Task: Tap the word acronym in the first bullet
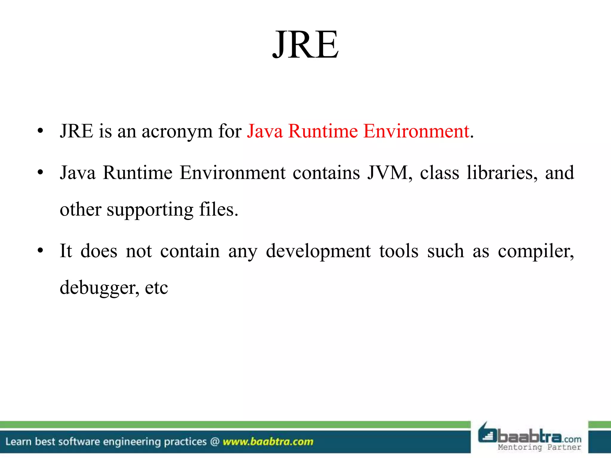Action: pyautogui.click(x=177, y=131)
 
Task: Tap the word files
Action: pyautogui.click(x=218, y=209)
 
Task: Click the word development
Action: pyautogui.click(x=318, y=251)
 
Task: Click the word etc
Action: pyautogui.click(x=156, y=288)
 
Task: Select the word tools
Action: pyautogui.click(x=399, y=251)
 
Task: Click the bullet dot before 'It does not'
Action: pyautogui.click(x=41, y=250)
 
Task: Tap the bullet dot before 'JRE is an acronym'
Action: pyautogui.click(x=41, y=131)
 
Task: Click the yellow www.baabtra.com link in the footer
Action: pyautogui.click(x=268, y=442)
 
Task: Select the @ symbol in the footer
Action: pyautogui.click(x=215, y=442)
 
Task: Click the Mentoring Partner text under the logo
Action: pyautogui.click(x=539, y=447)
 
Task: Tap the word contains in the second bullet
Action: pyautogui.click(x=326, y=173)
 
